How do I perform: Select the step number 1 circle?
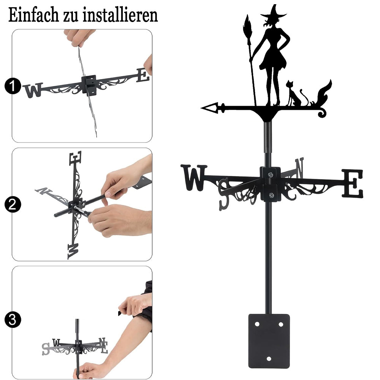[x=13, y=86]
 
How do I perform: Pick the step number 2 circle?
[x=13, y=204]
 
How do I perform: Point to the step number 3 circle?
[x=13, y=320]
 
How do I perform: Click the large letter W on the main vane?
[x=194, y=177]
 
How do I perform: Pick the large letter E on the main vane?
[x=353, y=184]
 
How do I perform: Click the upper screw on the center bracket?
[x=270, y=174]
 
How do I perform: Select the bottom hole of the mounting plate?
[x=269, y=359]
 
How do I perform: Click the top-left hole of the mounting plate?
[x=257, y=324]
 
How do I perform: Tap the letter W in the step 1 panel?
[x=33, y=90]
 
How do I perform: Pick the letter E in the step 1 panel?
[x=143, y=75]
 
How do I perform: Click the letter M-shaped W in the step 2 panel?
[x=73, y=251]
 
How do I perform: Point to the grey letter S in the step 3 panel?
[x=46, y=349]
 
